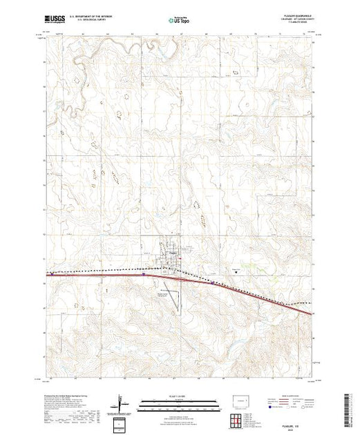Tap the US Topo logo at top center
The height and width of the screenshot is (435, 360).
pos(180,21)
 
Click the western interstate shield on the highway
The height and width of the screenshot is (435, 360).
pos(143,274)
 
